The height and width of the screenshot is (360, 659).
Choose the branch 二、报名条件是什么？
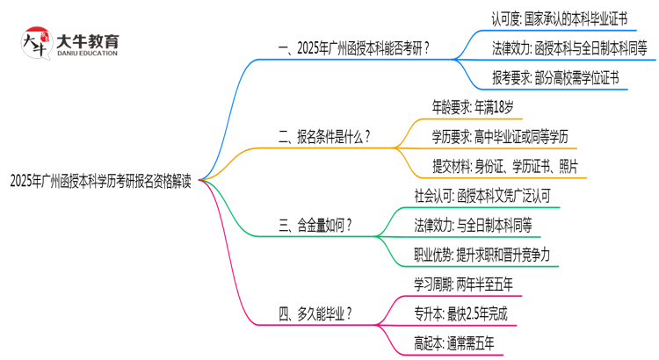(323, 136)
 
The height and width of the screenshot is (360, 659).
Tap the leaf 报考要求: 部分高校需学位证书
(555, 78)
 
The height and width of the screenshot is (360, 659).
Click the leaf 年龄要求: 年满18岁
(473, 107)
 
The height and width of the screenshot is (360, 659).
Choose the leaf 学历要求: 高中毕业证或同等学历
(500, 136)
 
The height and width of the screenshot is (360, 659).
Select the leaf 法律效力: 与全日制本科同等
(473, 225)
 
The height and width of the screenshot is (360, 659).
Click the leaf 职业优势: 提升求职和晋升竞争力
(483, 255)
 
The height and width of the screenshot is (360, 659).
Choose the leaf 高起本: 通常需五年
(455, 342)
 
